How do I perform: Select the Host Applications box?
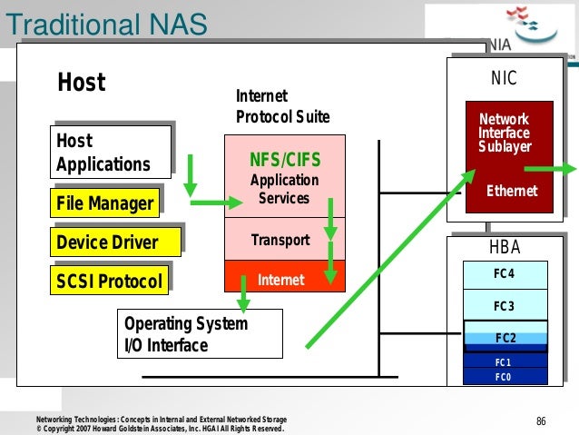point(110,153)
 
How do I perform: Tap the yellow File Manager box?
point(105,203)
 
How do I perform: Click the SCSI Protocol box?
point(109,282)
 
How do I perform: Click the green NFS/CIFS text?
point(284,161)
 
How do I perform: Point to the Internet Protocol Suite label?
point(282,107)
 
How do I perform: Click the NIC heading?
point(504,79)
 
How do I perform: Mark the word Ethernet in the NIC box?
point(512,191)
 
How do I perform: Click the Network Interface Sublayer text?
point(505,133)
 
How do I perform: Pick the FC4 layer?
point(505,274)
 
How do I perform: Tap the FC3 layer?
point(505,306)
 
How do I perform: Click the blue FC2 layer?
point(505,338)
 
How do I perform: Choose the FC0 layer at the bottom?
point(505,374)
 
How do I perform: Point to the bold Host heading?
point(82,84)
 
